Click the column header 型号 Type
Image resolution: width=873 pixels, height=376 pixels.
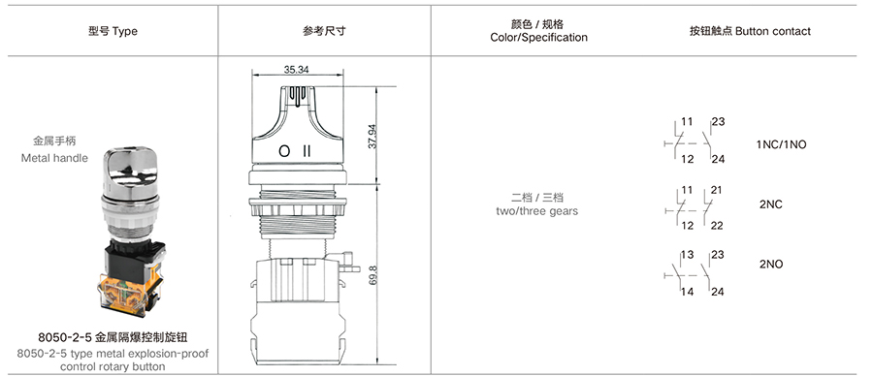(x=113, y=31)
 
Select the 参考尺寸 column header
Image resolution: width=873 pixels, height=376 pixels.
(x=324, y=31)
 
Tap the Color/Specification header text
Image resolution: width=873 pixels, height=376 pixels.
(x=538, y=38)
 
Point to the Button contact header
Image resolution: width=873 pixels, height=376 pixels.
(x=750, y=31)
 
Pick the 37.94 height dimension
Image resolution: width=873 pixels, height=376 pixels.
(x=372, y=135)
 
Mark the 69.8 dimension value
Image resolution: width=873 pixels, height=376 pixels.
(x=372, y=276)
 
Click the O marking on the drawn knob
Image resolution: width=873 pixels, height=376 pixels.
(x=284, y=151)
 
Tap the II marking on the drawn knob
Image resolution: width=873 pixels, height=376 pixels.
(x=307, y=151)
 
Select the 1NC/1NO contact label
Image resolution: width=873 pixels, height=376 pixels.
(x=781, y=144)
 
